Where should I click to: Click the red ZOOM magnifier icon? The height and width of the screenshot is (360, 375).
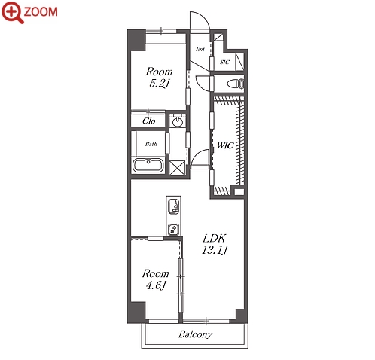click(13, 12)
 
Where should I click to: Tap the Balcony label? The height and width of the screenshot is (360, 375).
click(195, 334)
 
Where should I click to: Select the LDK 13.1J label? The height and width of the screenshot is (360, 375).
click(215, 244)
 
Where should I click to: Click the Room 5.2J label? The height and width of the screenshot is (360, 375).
click(159, 78)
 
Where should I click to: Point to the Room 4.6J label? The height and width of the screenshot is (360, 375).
click(155, 279)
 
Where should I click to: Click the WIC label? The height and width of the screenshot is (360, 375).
click(225, 145)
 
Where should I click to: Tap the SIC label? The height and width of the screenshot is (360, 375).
click(224, 62)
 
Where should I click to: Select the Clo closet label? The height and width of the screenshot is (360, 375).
click(149, 121)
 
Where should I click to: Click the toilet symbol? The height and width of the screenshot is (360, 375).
click(236, 84)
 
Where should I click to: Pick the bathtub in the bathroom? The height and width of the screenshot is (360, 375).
click(148, 165)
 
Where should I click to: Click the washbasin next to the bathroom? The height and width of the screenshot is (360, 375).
click(178, 122)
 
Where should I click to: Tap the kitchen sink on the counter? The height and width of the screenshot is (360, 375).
click(174, 206)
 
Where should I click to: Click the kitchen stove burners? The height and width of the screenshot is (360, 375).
click(173, 229)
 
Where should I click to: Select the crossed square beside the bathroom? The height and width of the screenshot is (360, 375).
click(177, 168)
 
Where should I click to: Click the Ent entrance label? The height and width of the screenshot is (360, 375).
click(200, 49)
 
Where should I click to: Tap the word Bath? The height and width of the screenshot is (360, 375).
click(151, 144)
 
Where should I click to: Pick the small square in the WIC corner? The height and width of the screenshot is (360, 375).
click(239, 192)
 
